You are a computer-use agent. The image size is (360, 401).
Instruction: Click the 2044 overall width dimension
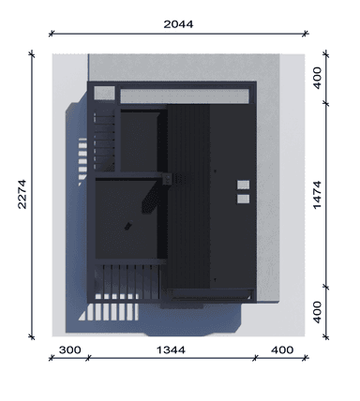coord(178,24)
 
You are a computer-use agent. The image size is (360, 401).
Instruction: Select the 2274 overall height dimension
coord(22,194)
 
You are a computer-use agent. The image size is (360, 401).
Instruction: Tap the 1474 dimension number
coord(317,195)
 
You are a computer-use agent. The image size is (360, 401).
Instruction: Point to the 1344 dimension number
coord(171,350)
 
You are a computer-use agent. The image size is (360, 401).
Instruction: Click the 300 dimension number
coord(69,350)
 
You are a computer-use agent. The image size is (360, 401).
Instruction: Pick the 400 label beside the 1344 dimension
coord(282,350)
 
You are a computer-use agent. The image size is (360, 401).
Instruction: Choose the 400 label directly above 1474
coord(317,78)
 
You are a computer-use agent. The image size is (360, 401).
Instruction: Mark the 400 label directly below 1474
coord(317,312)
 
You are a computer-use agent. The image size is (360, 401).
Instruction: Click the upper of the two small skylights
coord(243,185)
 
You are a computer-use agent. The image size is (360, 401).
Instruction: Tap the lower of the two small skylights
coord(243,199)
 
